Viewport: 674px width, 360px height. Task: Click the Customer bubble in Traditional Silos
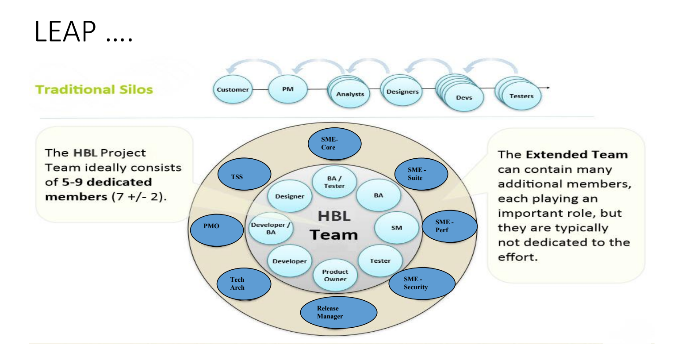tap(233, 89)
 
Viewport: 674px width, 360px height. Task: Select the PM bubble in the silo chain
tap(287, 89)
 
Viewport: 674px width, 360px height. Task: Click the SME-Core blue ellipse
tap(334, 144)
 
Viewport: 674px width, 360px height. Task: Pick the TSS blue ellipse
tap(244, 175)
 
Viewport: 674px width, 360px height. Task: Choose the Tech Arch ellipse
tap(244, 284)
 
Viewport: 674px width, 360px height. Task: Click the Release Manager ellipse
tap(338, 312)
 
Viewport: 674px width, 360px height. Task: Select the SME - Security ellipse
tap(421, 283)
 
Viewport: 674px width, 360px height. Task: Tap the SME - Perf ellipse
tap(449, 226)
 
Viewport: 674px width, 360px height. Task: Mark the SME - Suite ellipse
tap(421, 174)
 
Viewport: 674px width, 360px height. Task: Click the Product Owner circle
tap(335, 276)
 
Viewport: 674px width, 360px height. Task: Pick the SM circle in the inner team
tap(396, 228)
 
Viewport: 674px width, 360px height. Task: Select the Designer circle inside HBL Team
tap(290, 196)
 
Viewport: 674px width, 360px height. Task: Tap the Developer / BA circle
tap(270, 228)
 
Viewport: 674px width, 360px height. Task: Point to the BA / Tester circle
tap(334, 182)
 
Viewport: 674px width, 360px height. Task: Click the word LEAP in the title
tap(65, 31)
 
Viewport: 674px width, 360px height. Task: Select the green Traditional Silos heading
tap(94, 90)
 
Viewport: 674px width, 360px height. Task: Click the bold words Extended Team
tap(576, 154)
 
